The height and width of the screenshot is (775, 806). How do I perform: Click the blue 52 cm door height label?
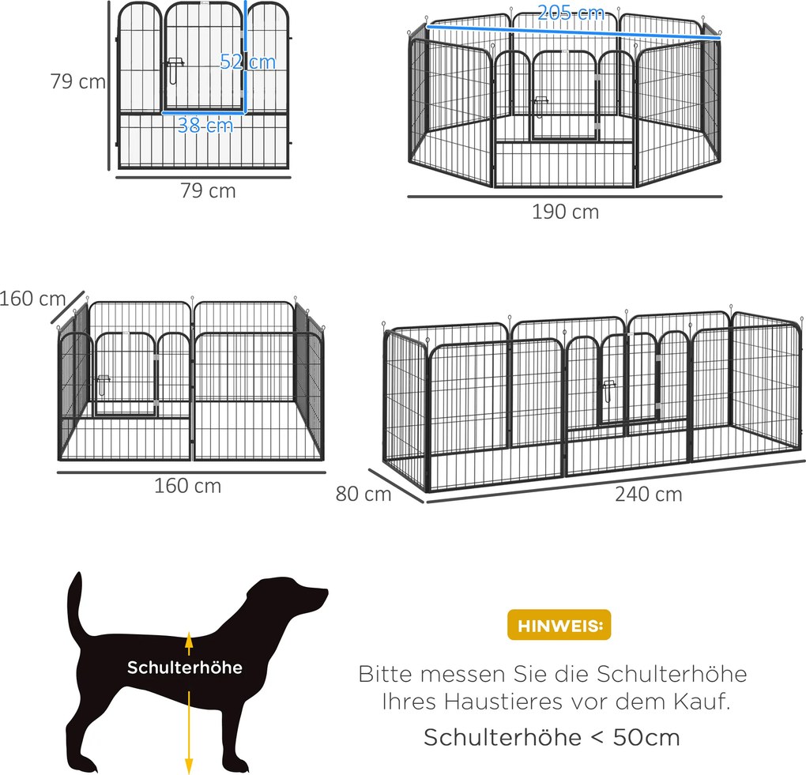pos(248,62)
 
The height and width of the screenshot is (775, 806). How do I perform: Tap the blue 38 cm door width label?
pos(205,125)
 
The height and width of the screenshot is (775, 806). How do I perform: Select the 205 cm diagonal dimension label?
pos(571,13)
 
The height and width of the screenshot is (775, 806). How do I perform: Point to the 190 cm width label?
pos(566,212)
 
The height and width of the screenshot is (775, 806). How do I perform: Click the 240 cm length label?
pos(649,495)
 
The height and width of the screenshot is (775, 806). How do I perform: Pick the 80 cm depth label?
pos(363,494)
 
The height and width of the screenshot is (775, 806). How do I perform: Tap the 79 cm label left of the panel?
pos(78,81)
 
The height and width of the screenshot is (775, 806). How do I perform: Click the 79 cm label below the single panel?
pos(208,190)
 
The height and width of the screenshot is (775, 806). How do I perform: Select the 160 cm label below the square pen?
pos(187,486)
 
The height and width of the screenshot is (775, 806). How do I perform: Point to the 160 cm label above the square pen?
pos(33,299)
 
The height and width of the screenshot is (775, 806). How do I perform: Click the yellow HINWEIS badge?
pos(559,625)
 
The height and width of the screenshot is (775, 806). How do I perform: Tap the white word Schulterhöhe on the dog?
pos(185,667)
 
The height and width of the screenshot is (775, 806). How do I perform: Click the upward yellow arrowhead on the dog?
pos(189,639)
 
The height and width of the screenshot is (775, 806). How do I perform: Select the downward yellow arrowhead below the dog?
pos(189,766)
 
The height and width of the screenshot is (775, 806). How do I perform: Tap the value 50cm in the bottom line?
pos(646,737)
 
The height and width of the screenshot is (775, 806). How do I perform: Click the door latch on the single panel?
pos(175,70)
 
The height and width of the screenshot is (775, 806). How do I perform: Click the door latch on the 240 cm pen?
pos(610,390)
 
